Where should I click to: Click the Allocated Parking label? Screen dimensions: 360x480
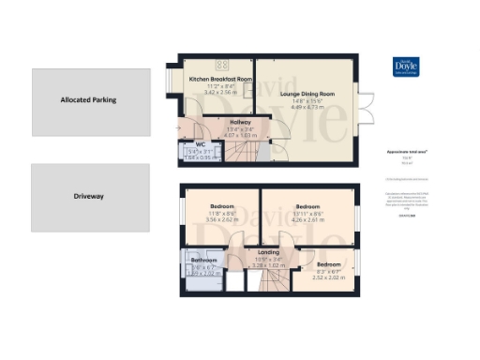coord(88,99)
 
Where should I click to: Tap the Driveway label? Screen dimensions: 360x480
coord(88,198)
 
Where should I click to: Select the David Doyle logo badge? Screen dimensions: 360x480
coord(405,68)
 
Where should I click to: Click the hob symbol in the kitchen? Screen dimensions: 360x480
coord(224,65)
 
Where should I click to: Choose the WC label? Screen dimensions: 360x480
coord(200,143)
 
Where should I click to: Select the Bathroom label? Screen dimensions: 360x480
coord(204,260)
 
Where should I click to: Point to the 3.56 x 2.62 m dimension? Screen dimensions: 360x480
coord(222,219)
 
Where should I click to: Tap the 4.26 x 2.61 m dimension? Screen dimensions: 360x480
coord(308,219)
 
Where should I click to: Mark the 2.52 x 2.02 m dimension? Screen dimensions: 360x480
coord(328,277)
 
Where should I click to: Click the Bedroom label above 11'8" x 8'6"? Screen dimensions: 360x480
coord(222,205)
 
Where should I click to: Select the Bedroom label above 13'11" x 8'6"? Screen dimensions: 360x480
coord(308,205)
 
